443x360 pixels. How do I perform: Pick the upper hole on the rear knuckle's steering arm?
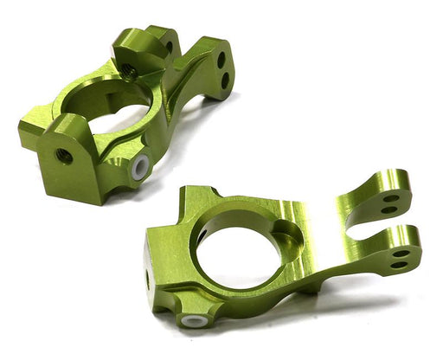click(221, 60)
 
